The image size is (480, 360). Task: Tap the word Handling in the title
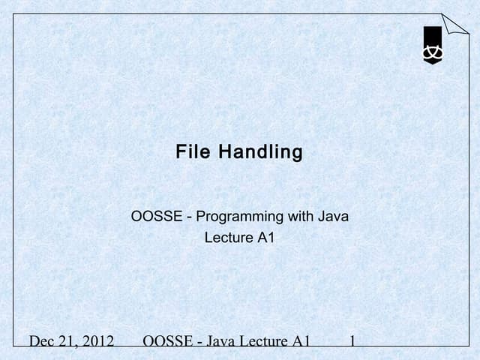261,153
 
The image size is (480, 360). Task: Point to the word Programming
240,217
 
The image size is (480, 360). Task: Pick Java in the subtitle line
334,217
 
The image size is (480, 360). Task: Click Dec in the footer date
42,342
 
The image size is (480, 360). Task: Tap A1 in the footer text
301,342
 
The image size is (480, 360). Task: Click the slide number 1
352,342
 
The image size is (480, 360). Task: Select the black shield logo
433,46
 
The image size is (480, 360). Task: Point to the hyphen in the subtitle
191,218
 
